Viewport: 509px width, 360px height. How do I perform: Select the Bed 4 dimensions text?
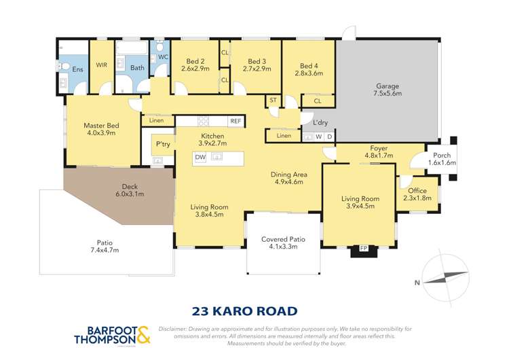308,73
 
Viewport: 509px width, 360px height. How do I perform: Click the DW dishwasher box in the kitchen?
200,157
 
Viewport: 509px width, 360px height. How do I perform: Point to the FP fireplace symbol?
363,248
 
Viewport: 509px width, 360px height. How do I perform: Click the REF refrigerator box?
235,121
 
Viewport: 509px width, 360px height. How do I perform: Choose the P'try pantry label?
163,144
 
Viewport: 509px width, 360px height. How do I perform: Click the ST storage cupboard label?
274,101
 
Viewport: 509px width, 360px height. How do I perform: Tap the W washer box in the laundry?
319,137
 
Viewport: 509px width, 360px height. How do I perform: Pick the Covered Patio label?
284,239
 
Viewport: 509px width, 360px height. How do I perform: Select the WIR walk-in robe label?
102,65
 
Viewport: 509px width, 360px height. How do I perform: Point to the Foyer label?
379,148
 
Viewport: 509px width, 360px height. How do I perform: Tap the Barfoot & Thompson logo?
112,334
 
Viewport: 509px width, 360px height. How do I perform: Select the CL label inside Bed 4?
318,101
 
